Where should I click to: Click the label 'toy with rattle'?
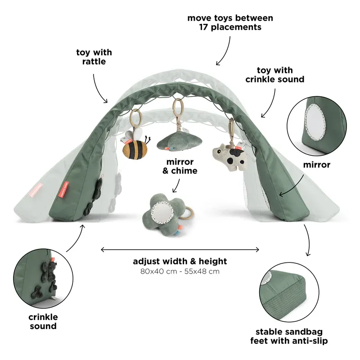(94, 57)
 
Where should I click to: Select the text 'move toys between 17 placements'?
(230, 22)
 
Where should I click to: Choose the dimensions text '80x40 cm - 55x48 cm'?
(180, 271)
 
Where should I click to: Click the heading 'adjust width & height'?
(180, 261)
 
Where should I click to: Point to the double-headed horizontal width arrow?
(180, 249)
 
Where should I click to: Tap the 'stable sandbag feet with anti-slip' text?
(289, 336)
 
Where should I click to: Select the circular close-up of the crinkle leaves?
(43, 277)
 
